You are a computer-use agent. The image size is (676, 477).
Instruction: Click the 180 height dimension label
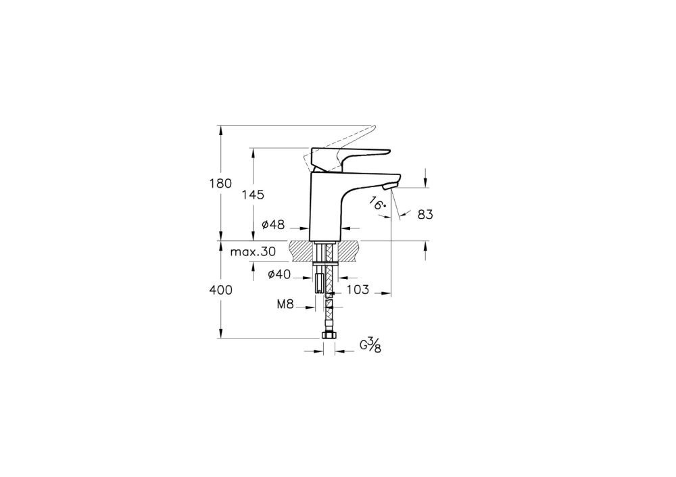tap(221, 184)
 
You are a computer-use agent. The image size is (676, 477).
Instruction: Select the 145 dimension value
tap(253, 195)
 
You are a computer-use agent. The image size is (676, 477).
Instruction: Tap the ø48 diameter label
tap(273, 224)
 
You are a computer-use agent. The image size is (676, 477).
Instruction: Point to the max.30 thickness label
tap(253, 251)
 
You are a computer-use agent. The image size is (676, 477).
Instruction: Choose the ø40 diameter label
tap(279, 274)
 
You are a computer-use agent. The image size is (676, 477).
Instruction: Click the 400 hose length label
tap(221, 290)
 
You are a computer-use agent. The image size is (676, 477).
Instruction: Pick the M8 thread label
tap(285, 305)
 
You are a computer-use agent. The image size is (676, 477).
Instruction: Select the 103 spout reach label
tap(358, 290)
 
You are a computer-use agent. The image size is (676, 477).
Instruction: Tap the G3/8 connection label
tap(370, 345)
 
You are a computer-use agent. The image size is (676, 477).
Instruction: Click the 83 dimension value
tap(425, 214)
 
